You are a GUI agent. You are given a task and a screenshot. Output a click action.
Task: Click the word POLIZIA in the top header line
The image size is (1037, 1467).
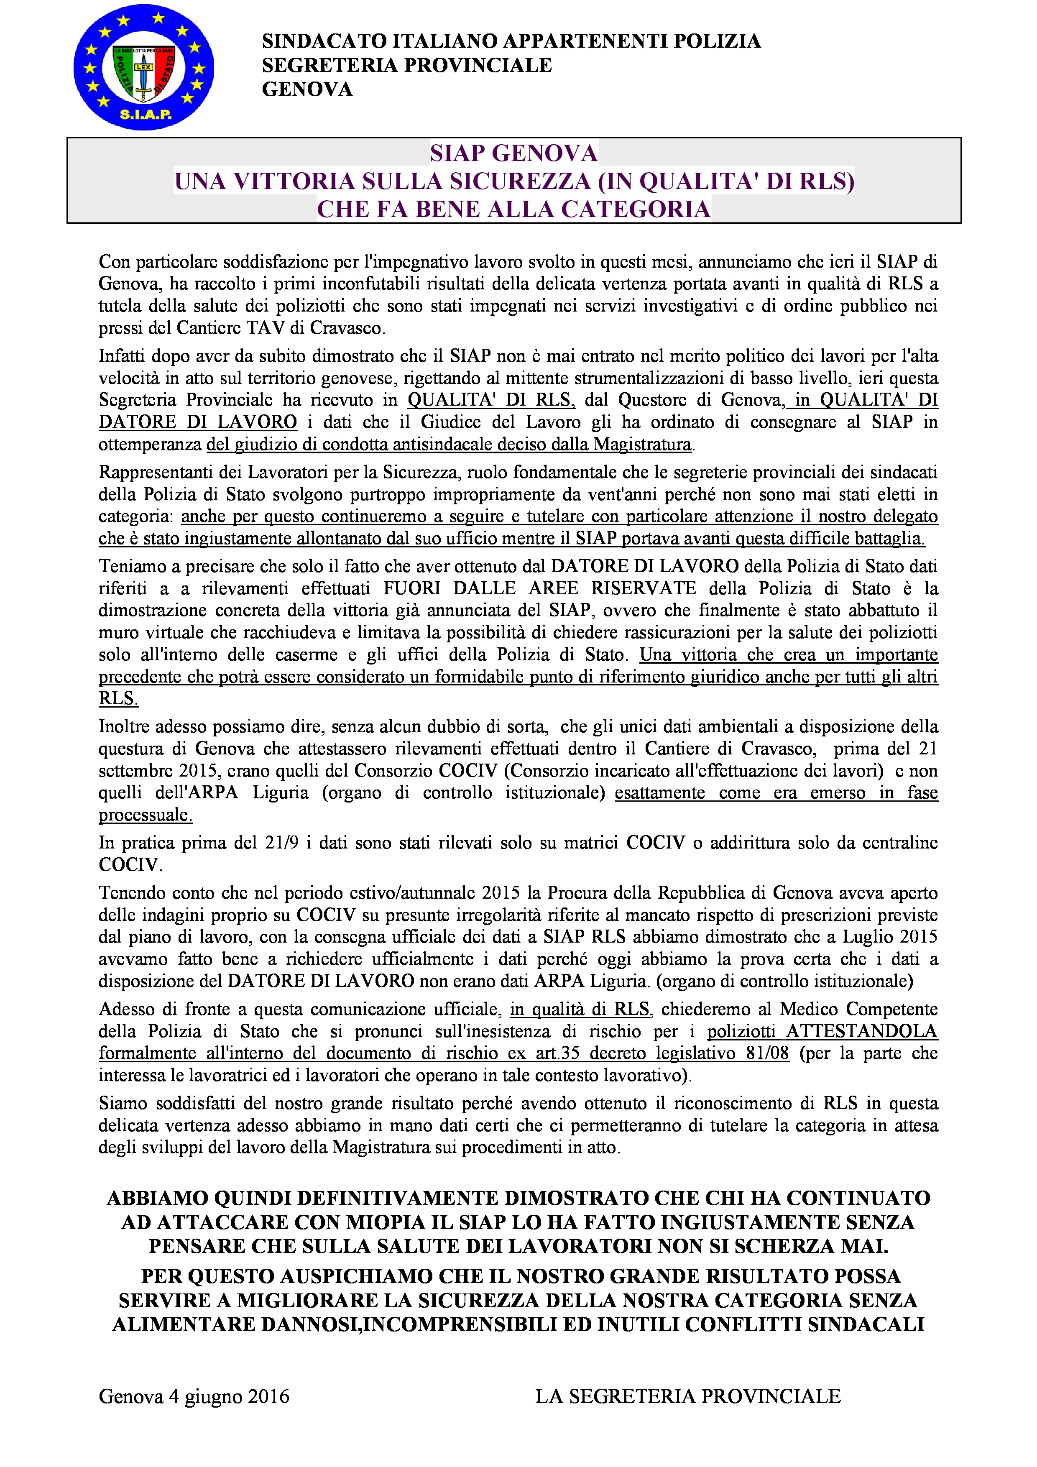718,41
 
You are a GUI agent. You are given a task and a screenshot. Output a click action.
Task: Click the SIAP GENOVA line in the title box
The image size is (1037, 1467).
514,153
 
